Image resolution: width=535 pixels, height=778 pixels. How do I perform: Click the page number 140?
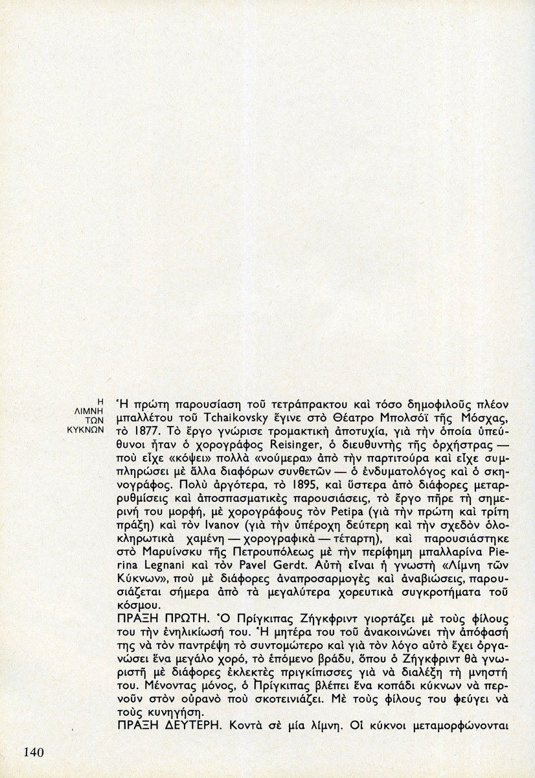pyautogui.click(x=32, y=752)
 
